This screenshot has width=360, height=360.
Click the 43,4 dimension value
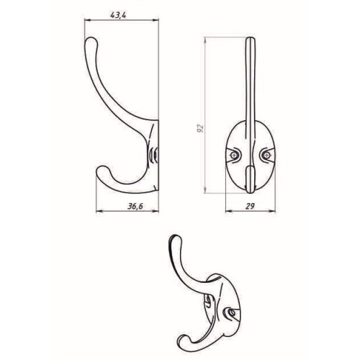(118, 15)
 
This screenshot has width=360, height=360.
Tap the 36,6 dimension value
(135, 206)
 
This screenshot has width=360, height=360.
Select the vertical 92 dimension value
(200, 128)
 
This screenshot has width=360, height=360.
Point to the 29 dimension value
(250, 206)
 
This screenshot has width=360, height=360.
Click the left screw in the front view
(233, 156)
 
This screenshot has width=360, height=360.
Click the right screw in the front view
(266, 156)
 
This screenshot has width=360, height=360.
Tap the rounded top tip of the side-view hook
(91, 41)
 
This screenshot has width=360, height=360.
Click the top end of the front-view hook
(251, 39)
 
